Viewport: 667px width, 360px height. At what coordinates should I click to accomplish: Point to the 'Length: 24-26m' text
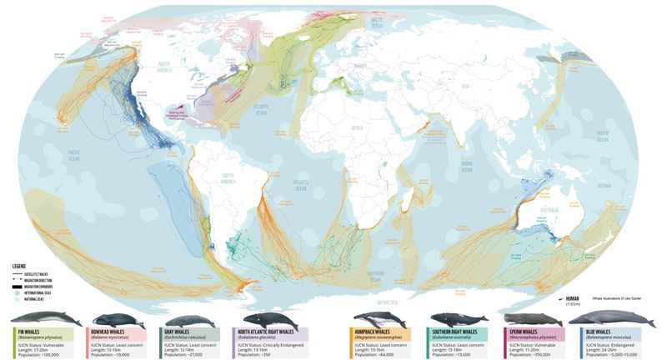607,348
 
